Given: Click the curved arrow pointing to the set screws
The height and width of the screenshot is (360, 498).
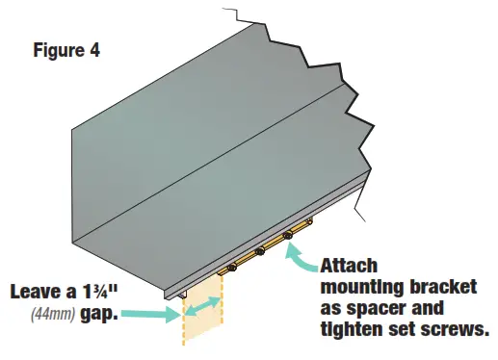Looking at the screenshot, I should pos(306,255).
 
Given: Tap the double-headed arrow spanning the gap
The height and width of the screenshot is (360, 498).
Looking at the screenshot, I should pos(202,307).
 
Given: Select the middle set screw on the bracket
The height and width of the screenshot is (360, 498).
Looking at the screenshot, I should pos(259,252).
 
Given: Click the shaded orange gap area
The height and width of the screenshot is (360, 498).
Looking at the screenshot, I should pos(200,322).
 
